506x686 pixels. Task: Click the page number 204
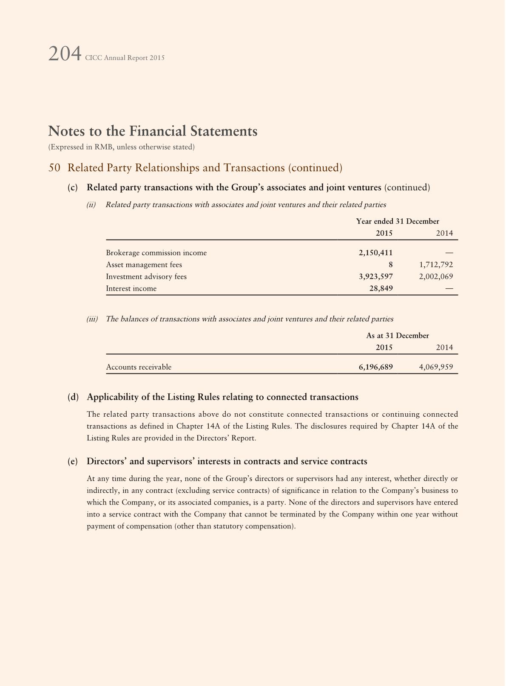point(65,54)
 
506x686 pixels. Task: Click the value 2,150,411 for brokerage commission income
point(375,253)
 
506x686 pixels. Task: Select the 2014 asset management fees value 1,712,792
point(436,265)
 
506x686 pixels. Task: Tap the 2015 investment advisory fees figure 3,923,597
point(375,277)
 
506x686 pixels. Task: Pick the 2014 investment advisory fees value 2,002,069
point(436,277)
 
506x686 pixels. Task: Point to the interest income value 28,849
point(381,288)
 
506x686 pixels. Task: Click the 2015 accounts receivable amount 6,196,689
point(375,367)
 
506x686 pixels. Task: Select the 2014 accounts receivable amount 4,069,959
point(436,367)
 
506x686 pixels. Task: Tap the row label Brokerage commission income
point(156,253)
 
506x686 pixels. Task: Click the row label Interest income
point(131,288)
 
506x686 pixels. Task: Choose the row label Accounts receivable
point(139,367)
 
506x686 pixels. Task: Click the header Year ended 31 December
point(398,221)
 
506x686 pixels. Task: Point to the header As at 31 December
point(398,336)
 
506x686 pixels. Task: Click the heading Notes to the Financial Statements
point(153,131)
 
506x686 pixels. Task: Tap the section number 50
point(54,168)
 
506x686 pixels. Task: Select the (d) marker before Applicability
point(73,397)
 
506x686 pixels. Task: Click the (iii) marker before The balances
point(92,319)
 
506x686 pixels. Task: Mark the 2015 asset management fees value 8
point(390,265)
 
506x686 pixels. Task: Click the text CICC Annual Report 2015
point(125,58)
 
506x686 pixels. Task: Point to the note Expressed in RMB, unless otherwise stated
point(122,147)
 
